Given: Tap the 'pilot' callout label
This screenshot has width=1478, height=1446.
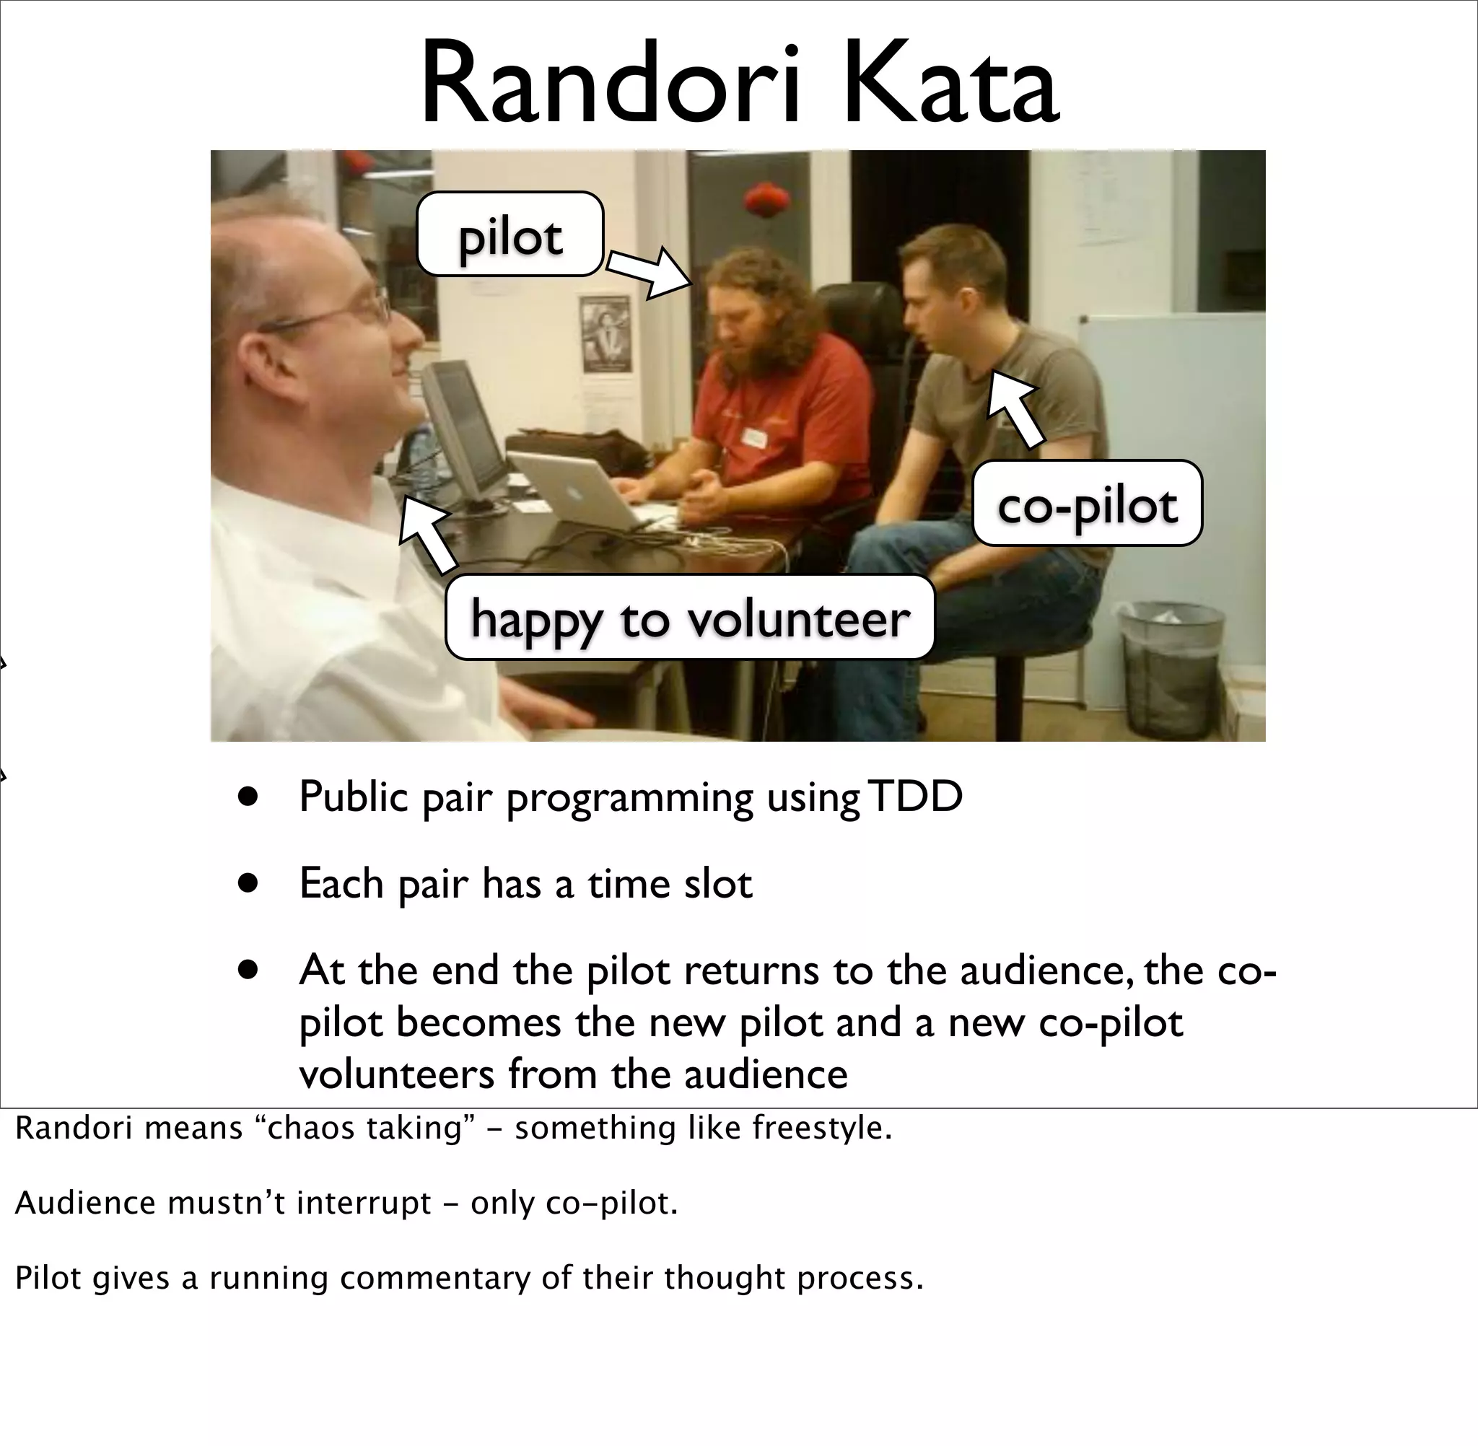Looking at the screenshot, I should pos(510,235).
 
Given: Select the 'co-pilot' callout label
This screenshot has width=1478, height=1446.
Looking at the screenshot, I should pos(1087,504).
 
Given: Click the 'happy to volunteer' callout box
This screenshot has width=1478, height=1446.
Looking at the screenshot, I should pos(689,618).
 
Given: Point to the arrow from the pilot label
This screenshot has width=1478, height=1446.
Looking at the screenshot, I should pos(650,272).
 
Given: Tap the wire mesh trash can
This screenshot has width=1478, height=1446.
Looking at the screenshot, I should pos(1170,668).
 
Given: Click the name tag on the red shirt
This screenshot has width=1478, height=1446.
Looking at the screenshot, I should pos(756,437).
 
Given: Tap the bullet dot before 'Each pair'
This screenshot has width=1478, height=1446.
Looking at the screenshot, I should pos(248,883).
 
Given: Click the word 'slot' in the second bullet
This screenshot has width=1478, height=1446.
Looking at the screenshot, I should pos(718,883).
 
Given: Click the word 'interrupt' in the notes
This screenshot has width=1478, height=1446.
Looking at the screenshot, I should pos(363,1203).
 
